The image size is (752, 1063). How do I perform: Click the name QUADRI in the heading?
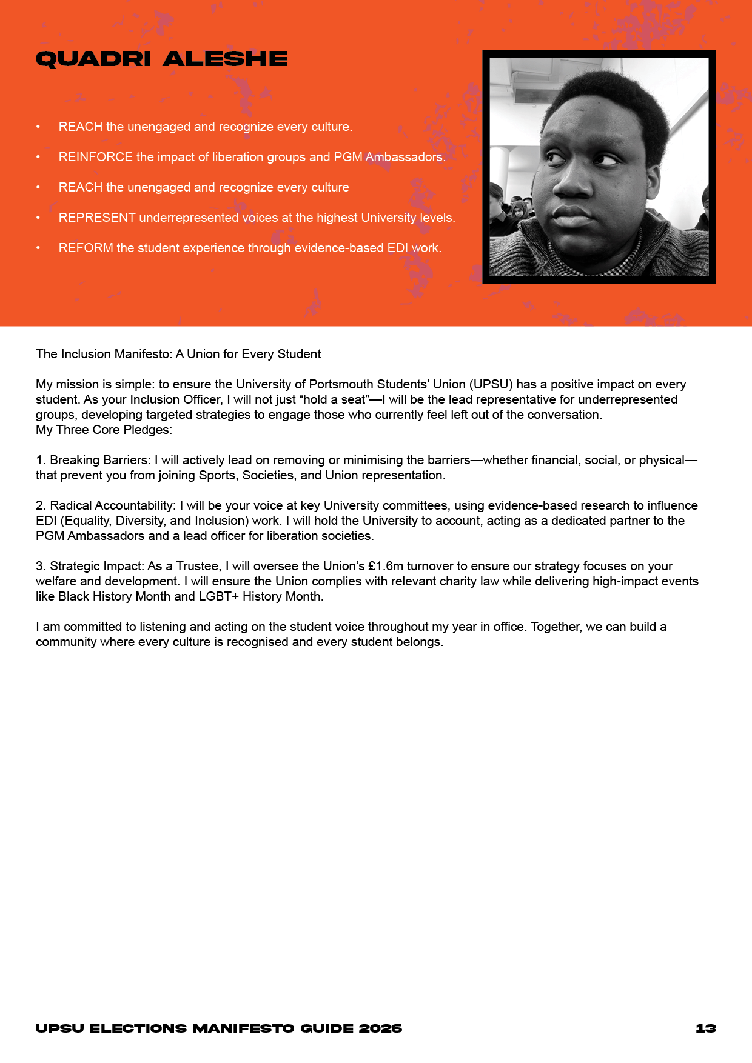click(93, 59)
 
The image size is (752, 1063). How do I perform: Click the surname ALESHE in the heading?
click(225, 59)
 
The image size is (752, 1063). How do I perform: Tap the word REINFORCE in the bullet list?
click(95, 157)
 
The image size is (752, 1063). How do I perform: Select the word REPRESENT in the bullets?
click(97, 218)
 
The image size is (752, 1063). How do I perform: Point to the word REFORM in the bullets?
click(86, 248)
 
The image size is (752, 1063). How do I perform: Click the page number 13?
click(706, 1028)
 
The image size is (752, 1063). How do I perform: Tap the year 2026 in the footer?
click(380, 1028)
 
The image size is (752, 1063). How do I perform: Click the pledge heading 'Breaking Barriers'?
click(100, 460)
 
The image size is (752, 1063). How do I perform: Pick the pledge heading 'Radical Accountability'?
click(113, 505)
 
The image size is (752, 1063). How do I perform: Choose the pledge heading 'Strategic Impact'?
click(97, 566)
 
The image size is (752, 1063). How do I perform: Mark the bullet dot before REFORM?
click(38, 248)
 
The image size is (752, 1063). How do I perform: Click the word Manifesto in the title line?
click(143, 354)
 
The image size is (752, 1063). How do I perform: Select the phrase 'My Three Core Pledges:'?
click(104, 430)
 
